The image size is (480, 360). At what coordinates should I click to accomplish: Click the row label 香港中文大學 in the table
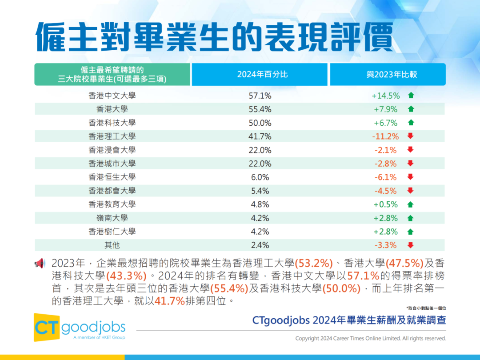[x=112, y=96]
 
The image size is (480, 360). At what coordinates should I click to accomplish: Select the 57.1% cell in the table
[x=260, y=96]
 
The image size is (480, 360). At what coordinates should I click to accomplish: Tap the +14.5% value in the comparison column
[x=385, y=96]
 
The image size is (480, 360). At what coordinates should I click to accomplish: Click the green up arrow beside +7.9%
[x=411, y=109]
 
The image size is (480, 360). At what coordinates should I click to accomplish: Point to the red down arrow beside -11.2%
[x=410, y=136]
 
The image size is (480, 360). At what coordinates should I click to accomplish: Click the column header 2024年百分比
[x=262, y=74]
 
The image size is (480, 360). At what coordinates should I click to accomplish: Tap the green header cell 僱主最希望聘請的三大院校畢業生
[x=112, y=74]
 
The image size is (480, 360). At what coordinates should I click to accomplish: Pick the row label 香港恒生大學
[x=112, y=177]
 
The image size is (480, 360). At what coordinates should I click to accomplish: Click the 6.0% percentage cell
[x=260, y=177]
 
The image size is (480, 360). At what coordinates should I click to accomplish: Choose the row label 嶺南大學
[x=112, y=218]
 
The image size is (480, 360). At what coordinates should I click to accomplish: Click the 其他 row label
[x=112, y=245]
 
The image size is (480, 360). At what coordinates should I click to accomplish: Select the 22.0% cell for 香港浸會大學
[x=260, y=150]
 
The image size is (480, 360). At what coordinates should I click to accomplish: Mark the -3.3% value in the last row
[x=385, y=245]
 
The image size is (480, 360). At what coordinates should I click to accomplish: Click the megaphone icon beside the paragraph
[x=40, y=263]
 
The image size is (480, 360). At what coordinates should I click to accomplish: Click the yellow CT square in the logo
[x=46, y=328]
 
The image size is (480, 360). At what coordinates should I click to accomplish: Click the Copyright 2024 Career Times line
[x=370, y=339]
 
